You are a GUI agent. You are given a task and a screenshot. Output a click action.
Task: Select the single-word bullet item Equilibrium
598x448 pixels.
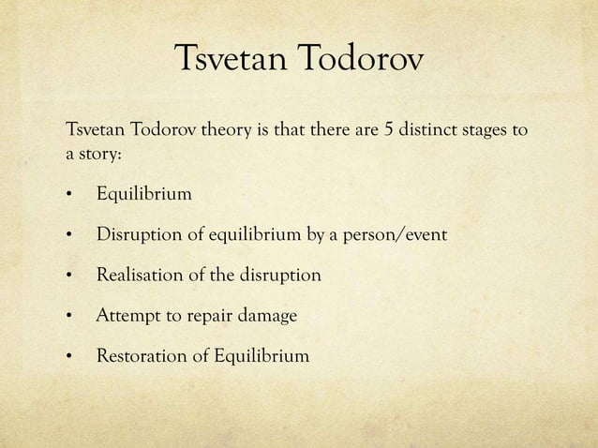(143, 195)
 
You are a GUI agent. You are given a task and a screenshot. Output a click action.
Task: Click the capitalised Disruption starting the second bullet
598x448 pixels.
(138, 235)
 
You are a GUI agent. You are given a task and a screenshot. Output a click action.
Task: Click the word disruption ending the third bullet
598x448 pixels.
(277, 276)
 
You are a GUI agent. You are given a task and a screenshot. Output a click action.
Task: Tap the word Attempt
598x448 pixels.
(128, 317)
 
